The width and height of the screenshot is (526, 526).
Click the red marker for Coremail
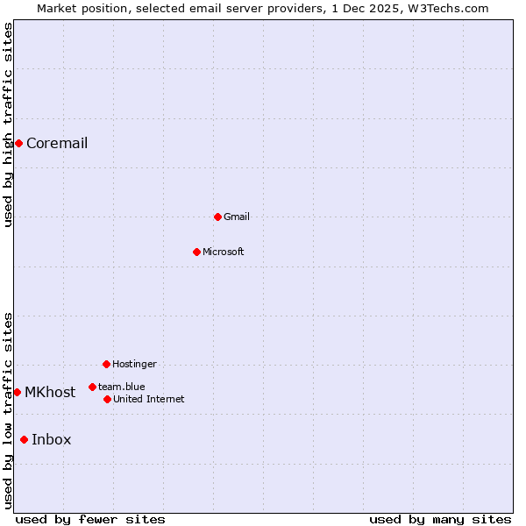[x=18, y=143]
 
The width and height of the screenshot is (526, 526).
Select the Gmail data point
[x=217, y=217]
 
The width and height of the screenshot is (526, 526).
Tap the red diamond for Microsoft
[x=197, y=252]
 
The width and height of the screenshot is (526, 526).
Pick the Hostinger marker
[x=106, y=364]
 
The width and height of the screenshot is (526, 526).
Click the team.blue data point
[x=92, y=387]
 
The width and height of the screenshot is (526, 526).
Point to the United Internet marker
[x=107, y=399]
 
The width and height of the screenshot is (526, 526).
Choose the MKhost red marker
[x=17, y=392]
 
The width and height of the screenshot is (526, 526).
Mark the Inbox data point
[x=24, y=439]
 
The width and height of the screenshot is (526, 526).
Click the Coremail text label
[x=57, y=144]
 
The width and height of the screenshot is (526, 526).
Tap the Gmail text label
[x=237, y=217]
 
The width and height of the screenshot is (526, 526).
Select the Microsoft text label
[x=224, y=252]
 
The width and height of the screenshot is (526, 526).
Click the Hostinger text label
[x=134, y=365]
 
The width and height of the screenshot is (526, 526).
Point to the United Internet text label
[x=149, y=400]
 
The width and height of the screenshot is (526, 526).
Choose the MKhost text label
[x=50, y=393]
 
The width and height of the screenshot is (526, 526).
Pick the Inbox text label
[x=52, y=440]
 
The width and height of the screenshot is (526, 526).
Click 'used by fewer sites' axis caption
[x=90, y=519]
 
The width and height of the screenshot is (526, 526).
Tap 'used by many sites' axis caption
[x=440, y=519]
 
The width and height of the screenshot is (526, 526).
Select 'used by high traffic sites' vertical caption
[x=8, y=124]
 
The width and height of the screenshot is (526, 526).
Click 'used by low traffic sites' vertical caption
[x=8, y=410]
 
